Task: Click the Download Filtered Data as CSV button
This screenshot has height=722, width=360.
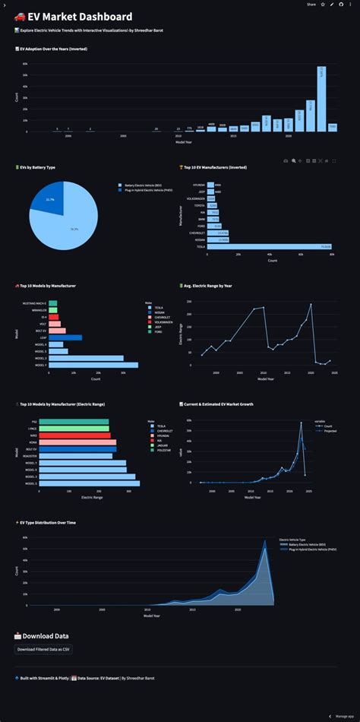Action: [43, 649]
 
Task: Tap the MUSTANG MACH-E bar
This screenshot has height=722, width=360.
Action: [53, 303]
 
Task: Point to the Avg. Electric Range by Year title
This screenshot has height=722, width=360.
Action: [211, 286]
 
